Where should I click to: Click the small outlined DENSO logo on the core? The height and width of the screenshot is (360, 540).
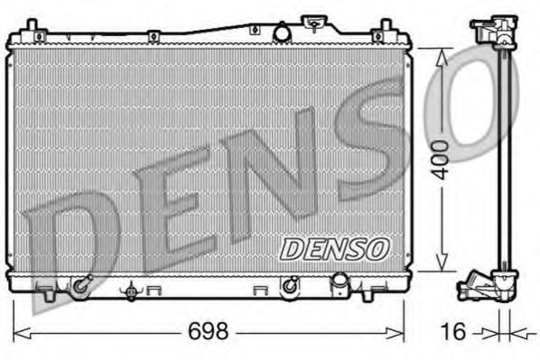click(333, 246)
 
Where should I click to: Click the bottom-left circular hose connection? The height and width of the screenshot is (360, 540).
click(81, 286)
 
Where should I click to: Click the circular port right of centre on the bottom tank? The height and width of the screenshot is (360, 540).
click(290, 286)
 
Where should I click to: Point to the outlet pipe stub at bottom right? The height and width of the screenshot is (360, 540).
click(340, 285)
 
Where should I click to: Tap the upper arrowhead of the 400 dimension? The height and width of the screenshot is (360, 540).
click(442, 54)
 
